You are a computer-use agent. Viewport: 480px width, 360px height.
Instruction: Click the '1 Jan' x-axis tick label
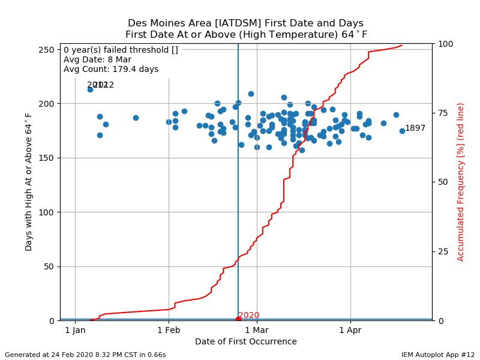pos(75,330)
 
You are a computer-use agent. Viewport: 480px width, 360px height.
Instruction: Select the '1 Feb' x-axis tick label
pos(169,330)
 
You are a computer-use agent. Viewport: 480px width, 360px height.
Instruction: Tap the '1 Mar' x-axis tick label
pos(256,330)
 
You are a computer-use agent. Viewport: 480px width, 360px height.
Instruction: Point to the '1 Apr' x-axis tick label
pos(350,330)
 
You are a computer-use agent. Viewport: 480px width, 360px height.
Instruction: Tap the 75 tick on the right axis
pos(442,113)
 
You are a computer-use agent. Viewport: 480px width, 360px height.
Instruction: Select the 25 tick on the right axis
pos(442,251)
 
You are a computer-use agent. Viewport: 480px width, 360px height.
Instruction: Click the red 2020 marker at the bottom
pos(238,319)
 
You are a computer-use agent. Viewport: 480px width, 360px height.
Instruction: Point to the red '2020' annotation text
pos(249,316)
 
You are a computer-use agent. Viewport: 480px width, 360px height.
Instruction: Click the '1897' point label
pos(415,128)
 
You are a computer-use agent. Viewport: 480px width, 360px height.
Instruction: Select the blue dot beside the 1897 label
pos(402,131)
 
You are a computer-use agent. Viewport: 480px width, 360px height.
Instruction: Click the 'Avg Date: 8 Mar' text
pos(97,59)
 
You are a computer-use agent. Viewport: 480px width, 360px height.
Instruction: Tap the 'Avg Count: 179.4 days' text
pos(111,69)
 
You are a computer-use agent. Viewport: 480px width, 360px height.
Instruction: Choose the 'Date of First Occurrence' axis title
pos(246,342)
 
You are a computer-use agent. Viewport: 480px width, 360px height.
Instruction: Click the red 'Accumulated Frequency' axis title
pos(461,182)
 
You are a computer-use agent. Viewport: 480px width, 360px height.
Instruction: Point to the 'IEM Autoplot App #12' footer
pos(438,355)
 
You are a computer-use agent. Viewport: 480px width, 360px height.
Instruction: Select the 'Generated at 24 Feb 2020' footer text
pos(85,355)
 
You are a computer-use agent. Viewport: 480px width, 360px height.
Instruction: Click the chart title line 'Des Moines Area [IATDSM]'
pos(246,24)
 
